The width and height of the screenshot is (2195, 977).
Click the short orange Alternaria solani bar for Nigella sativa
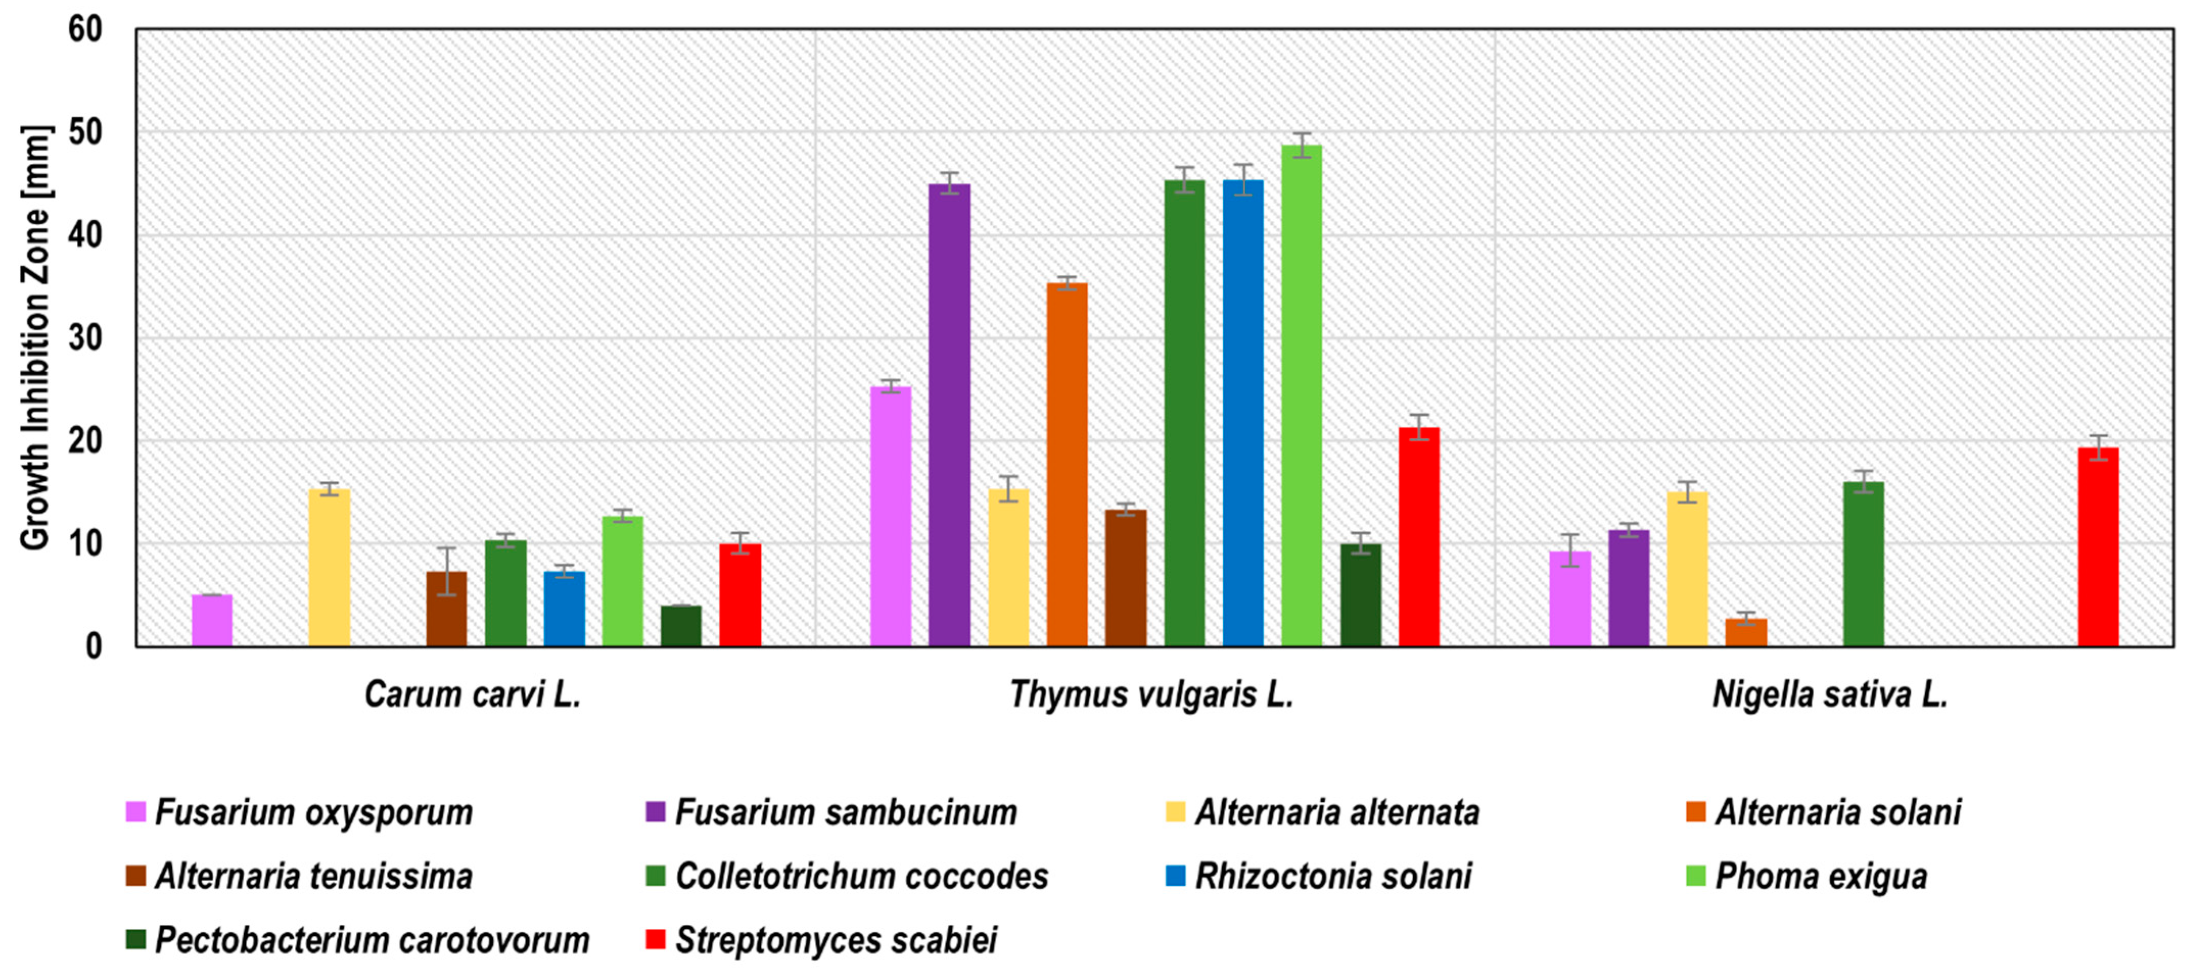pos(1746,632)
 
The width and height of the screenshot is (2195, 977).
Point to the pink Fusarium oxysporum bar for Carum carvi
pos(212,620)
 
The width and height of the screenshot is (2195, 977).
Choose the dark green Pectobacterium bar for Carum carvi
pos(681,626)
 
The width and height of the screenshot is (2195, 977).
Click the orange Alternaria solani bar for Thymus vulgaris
pos(1067,464)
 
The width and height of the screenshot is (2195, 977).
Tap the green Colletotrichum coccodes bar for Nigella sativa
pos(1863,564)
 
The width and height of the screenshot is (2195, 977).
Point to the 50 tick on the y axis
pos(85,133)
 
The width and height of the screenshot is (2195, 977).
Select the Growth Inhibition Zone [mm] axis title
pos(36,338)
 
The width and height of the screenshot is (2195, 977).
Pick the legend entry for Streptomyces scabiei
pos(835,940)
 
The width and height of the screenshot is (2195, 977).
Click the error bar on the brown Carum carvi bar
pos(447,570)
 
